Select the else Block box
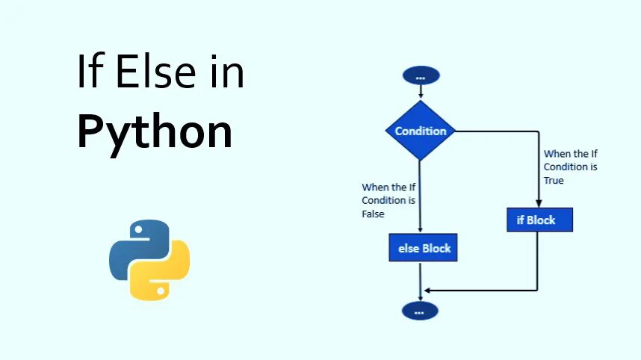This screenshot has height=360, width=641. click(x=423, y=247)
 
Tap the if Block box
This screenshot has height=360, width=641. click(x=540, y=220)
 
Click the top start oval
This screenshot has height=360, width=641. click(x=421, y=75)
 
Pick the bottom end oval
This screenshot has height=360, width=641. click(x=420, y=311)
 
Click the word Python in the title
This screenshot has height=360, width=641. click(x=155, y=132)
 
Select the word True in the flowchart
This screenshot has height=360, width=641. click(x=554, y=181)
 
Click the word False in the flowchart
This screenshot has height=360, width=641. click(x=374, y=214)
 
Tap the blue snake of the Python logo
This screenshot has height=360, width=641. click(x=134, y=246)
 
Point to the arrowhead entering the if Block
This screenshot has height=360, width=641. click(x=539, y=203)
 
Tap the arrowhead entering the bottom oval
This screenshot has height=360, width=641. click(x=421, y=297)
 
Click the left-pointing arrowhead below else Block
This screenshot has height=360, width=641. click(x=427, y=290)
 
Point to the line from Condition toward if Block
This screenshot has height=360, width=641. click(x=497, y=131)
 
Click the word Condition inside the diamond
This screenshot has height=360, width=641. click(x=421, y=131)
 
